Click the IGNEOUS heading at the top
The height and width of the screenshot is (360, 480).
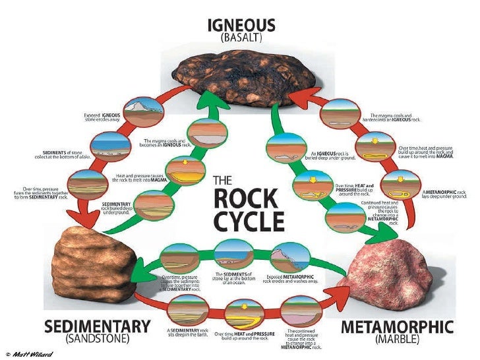241,25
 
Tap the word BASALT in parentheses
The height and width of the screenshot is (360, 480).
241,38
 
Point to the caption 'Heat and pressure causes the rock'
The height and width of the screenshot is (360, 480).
141,179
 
